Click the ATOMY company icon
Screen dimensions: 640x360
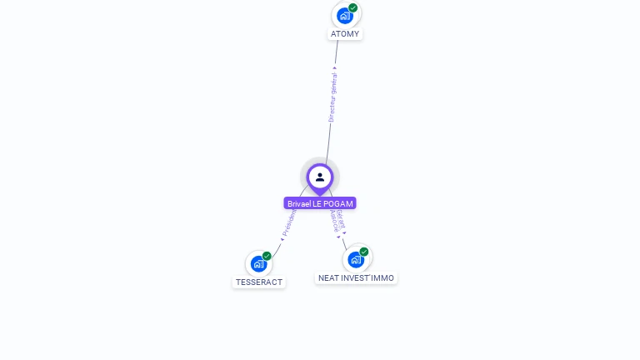(x=344, y=16)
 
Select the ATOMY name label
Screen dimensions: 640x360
(x=345, y=34)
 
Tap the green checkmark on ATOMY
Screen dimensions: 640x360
(x=353, y=7)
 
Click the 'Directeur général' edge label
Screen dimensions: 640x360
(x=332, y=98)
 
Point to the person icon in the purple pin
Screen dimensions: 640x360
(x=320, y=177)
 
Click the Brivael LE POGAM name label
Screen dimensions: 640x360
(x=320, y=203)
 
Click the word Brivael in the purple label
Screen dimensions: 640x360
(x=299, y=203)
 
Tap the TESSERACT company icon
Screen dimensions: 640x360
(x=258, y=264)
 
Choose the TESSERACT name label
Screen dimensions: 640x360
(x=259, y=282)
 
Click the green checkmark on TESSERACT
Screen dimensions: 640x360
(x=267, y=256)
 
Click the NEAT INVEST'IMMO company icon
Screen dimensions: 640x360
(x=356, y=259)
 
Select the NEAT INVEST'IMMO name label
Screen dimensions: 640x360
(x=357, y=277)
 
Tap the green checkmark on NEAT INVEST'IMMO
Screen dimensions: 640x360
(x=364, y=252)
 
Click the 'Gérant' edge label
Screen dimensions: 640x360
(x=341, y=219)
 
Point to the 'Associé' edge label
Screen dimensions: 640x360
(x=334, y=220)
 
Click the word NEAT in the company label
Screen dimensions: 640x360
(x=328, y=277)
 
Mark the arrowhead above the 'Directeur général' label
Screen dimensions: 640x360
(x=336, y=69)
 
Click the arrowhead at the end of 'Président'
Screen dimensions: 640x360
(x=282, y=239)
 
